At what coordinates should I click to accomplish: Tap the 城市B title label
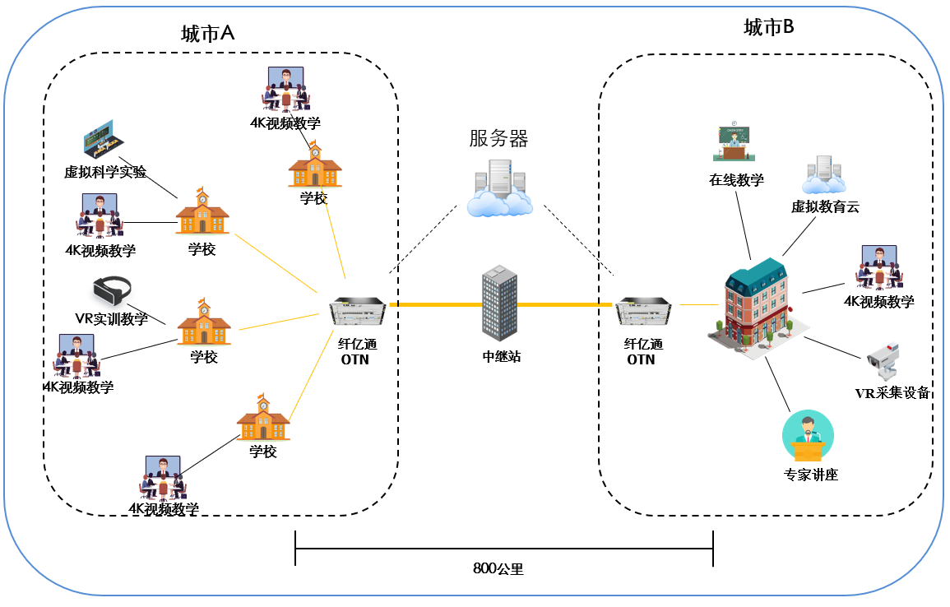click(768, 28)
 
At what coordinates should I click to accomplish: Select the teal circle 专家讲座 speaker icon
click(808, 437)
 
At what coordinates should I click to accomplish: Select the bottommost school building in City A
click(263, 417)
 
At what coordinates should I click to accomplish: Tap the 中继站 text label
click(501, 357)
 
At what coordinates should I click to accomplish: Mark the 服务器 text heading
click(498, 138)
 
